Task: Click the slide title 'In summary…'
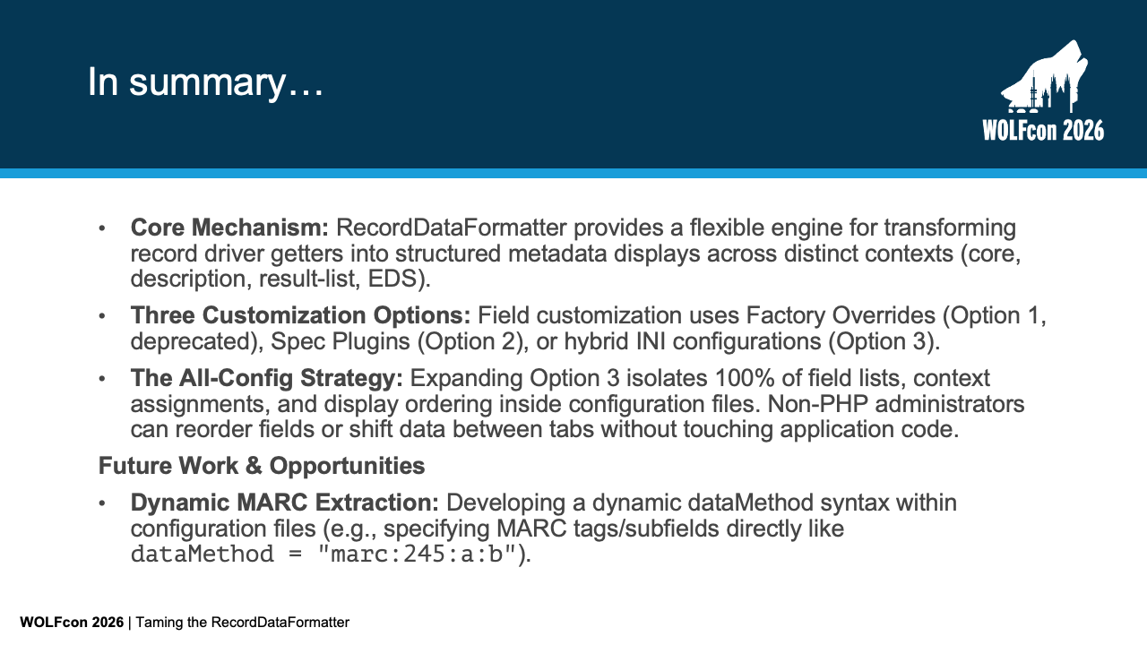click(x=205, y=82)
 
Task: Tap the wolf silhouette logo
click(x=1045, y=77)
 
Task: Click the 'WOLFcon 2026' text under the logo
click(x=1043, y=130)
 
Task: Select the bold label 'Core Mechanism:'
click(x=229, y=228)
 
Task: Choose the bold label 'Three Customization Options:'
click(x=300, y=315)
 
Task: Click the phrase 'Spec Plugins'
click(x=341, y=341)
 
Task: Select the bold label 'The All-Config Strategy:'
click(x=267, y=378)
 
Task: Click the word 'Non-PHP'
click(x=818, y=404)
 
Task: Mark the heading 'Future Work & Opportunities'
click(x=262, y=466)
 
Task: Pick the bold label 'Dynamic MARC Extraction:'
click(x=285, y=503)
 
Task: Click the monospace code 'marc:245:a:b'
click(x=417, y=555)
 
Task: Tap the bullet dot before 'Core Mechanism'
click(x=102, y=228)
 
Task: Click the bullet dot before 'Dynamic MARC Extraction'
click(x=102, y=503)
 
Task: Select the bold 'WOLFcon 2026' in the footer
click(x=72, y=623)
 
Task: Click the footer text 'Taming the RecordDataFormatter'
click(x=242, y=623)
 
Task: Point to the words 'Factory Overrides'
click(x=841, y=315)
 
